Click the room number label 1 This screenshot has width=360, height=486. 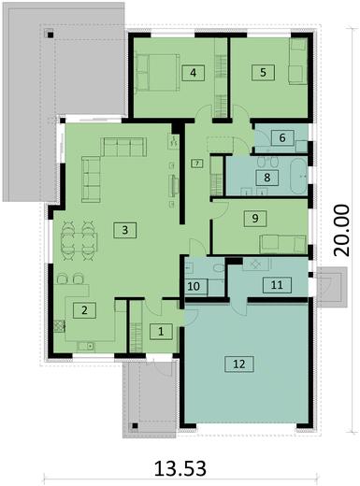click(160, 331)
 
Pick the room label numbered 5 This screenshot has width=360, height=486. click(263, 71)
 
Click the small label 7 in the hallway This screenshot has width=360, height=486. click(196, 164)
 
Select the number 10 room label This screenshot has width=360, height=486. click(194, 286)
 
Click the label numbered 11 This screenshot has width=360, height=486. click(276, 286)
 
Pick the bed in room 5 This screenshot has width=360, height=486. click(298, 62)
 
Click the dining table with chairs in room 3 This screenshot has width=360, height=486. click(77, 242)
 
